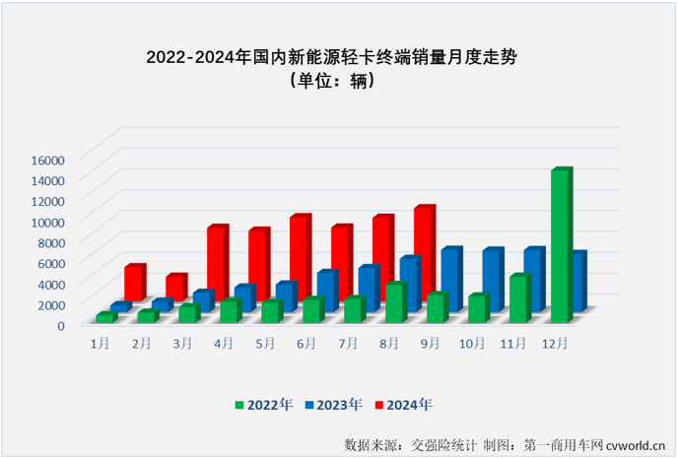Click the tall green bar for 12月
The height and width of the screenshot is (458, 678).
(x=560, y=246)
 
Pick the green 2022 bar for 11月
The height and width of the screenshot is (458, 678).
(x=518, y=298)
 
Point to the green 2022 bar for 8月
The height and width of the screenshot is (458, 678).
(x=394, y=302)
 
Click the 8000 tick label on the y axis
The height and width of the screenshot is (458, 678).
(x=50, y=242)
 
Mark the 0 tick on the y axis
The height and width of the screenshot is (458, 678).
(x=60, y=325)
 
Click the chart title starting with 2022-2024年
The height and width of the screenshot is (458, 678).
(x=331, y=57)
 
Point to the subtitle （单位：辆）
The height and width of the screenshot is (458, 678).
(x=331, y=82)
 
